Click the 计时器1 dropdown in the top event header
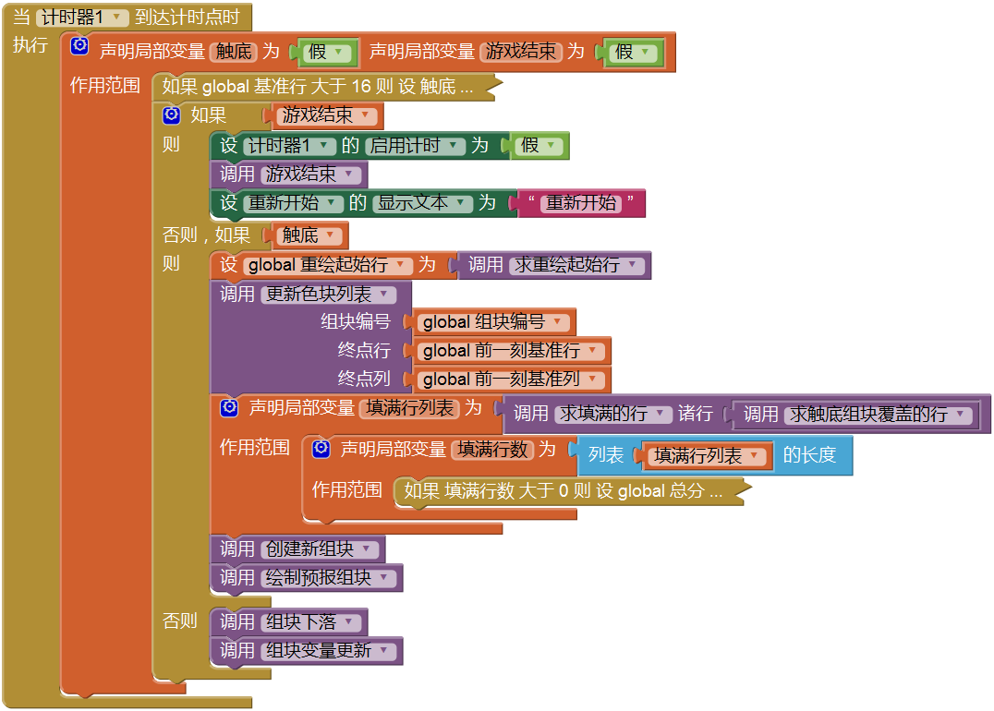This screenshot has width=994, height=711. click(x=81, y=18)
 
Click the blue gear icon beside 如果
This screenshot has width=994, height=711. click(x=170, y=115)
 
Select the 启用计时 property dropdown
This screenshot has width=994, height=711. click(x=415, y=146)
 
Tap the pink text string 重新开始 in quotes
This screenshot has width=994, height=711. click(x=580, y=203)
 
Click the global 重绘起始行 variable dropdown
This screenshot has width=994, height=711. click(x=328, y=265)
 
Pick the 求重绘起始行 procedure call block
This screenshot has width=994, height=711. click(x=555, y=265)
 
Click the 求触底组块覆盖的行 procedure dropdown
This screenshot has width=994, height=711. click(x=879, y=415)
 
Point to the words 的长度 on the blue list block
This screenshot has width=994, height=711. click(x=809, y=455)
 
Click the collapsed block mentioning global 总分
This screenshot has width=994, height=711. click(x=564, y=491)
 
